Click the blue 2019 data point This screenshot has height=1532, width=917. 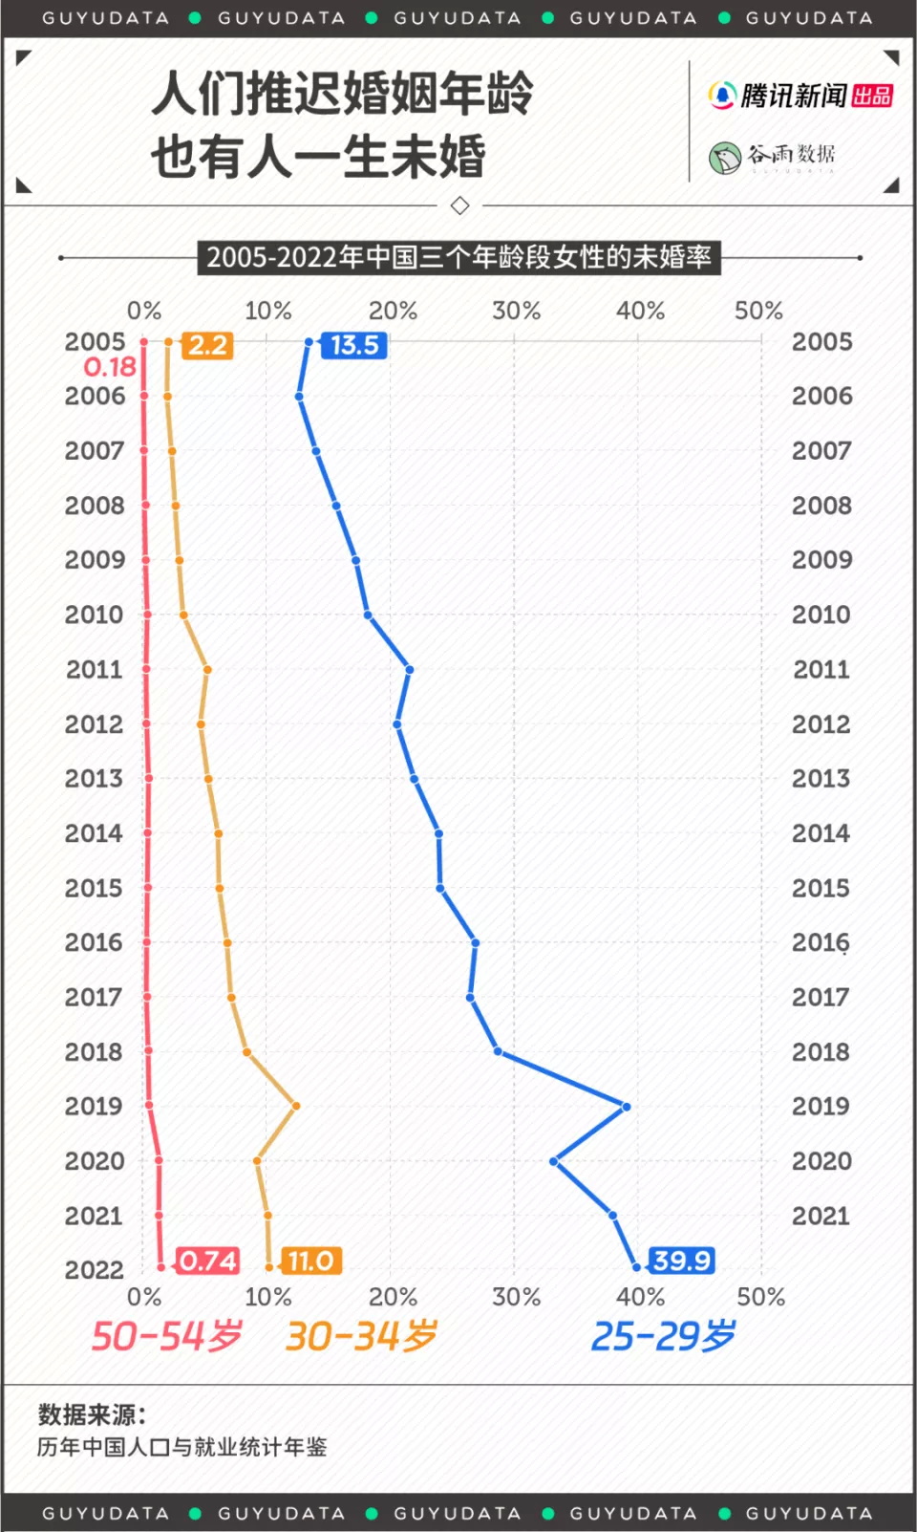click(626, 1107)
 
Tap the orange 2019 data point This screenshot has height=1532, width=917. click(296, 1106)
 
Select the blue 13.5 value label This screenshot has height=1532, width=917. click(354, 345)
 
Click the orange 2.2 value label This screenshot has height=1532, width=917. click(207, 345)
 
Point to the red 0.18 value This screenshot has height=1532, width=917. click(110, 367)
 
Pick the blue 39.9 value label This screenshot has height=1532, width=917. click(682, 1261)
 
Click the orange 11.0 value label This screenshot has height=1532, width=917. click(310, 1261)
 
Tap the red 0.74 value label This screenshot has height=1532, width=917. click(207, 1261)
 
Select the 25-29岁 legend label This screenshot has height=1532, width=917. click(663, 1336)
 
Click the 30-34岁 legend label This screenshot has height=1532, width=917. click(361, 1336)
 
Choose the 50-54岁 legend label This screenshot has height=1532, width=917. click(166, 1336)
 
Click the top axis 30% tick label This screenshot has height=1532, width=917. click(516, 311)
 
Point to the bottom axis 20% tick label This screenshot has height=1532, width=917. click(393, 1297)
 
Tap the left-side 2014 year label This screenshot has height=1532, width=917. click(94, 833)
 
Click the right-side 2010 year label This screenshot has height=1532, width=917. click(821, 615)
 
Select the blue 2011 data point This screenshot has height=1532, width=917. click(409, 670)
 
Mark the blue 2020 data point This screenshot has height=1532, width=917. click(554, 1161)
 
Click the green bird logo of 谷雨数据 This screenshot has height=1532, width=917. click(725, 157)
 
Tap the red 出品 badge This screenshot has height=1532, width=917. click(872, 96)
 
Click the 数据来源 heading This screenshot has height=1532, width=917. click(92, 1414)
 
